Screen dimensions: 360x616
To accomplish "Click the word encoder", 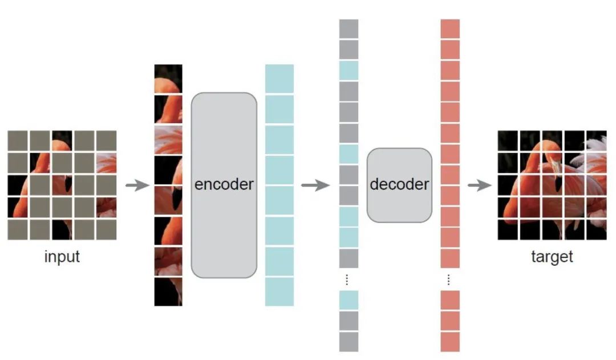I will click(x=224, y=185).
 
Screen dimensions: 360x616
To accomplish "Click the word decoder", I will click(x=399, y=184).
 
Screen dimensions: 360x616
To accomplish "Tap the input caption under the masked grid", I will click(x=62, y=257).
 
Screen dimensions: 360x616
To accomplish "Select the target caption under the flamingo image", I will click(x=552, y=257).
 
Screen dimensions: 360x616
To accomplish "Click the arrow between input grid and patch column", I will click(x=137, y=185).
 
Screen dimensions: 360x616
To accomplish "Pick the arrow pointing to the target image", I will click(x=479, y=185).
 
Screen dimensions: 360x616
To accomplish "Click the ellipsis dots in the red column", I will click(x=449, y=280).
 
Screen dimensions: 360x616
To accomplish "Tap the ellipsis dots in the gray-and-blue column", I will click(x=348, y=280).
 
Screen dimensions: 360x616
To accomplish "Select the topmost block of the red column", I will click(x=449, y=29).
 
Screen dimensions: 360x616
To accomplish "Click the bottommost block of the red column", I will click(x=449, y=342).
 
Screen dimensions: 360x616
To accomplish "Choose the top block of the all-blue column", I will click(x=279, y=78).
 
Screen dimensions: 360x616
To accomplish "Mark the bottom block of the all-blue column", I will click(x=279, y=292).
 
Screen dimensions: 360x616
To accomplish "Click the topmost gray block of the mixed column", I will click(x=348, y=29).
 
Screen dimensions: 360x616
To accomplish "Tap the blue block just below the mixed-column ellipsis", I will click(x=348, y=300).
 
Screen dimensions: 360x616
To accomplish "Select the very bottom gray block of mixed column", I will click(x=348, y=342).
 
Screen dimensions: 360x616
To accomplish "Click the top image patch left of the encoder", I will click(x=168, y=78).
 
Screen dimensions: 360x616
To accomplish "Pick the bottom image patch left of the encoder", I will click(x=168, y=292).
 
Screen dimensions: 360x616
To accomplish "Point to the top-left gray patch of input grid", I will click(x=17, y=140).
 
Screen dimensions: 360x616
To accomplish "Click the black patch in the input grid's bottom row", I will click(x=62, y=229).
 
